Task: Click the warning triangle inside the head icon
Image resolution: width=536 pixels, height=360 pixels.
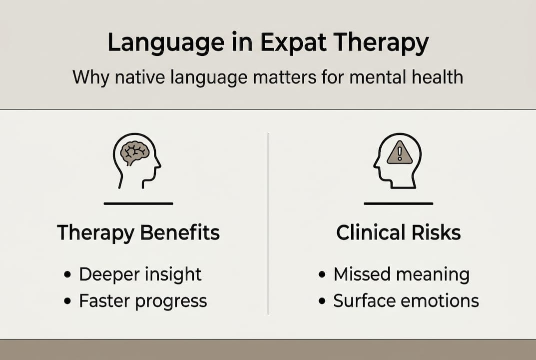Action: (x=400, y=152)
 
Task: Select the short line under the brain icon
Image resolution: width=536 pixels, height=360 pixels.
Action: (x=138, y=203)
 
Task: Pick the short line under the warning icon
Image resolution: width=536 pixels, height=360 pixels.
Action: (x=398, y=203)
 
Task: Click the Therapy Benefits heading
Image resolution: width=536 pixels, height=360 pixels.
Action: (x=138, y=233)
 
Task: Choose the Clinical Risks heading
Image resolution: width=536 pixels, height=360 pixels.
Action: (x=398, y=233)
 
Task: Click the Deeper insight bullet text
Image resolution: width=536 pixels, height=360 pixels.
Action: (x=140, y=274)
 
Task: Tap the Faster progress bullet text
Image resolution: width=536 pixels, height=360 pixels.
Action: (x=142, y=301)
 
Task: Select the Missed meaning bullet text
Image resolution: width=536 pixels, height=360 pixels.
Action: (x=401, y=274)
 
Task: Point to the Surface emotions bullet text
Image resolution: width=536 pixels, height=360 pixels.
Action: (x=406, y=301)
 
